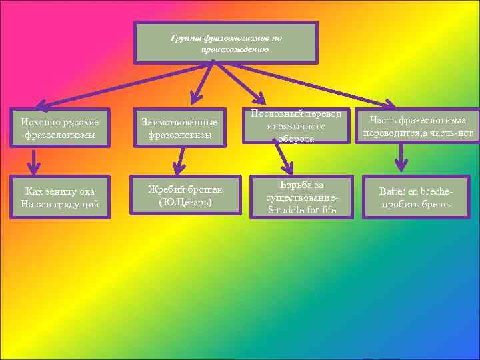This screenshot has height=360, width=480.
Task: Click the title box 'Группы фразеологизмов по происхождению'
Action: (226, 43)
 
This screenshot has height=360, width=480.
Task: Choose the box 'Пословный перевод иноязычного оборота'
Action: (295, 125)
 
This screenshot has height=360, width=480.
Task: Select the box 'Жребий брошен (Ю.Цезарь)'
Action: (186, 195)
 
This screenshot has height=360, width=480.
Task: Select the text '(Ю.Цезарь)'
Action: (186, 201)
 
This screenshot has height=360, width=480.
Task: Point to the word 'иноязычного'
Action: (295, 125)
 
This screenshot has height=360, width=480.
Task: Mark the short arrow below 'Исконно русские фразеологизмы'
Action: (34, 161)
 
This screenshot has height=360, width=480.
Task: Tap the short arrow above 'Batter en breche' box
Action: (401, 158)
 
